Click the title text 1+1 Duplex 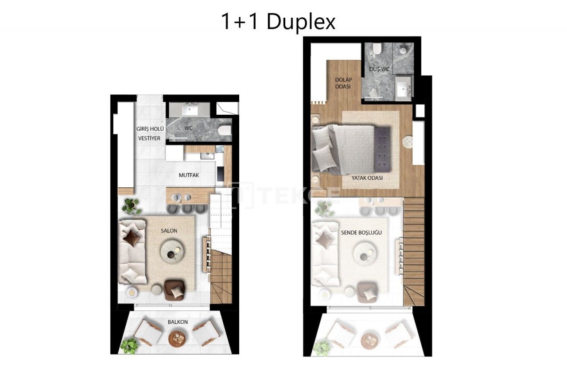tap(278, 22)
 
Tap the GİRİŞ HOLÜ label tap(150, 129)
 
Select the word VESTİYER tap(148, 138)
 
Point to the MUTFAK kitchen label tap(189, 175)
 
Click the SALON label tap(169, 231)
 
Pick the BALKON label tap(178, 322)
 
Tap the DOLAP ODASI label tap(343, 83)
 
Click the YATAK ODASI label tap(367, 178)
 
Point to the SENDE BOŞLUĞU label tap(361, 232)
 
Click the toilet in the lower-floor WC tap(225, 129)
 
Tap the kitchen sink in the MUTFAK tap(206, 155)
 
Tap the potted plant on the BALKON tap(129, 345)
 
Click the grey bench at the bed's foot tap(382, 149)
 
